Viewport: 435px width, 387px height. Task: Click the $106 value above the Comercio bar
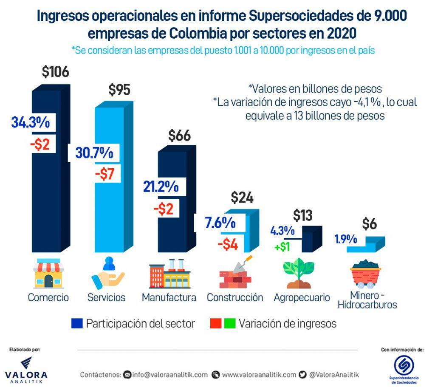pyautogui.click(x=55, y=72)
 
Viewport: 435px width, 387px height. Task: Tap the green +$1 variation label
pyautogui.click(x=282, y=246)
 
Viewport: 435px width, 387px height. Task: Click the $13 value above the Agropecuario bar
pyautogui.click(x=302, y=216)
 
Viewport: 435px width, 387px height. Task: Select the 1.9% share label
pyautogui.click(x=345, y=240)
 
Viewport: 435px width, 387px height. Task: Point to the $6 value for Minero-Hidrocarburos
pyautogui.click(x=370, y=224)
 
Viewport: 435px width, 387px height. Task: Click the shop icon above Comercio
pyautogui.click(x=48, y=274)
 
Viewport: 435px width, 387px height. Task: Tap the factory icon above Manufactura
pyautogui.click(x=169, y=274)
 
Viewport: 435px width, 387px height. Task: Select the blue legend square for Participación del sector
pyautogui.click(x=77, y=324)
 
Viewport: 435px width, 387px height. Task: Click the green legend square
pyautogui.click(x=230, y=324)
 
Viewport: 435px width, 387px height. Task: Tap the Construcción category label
pyautogui.click(x=234, y=297)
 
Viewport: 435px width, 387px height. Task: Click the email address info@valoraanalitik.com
pyautogui.click(x=169, y=375)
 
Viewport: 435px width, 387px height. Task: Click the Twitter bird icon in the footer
pyautogui.click(x=302, y=375)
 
